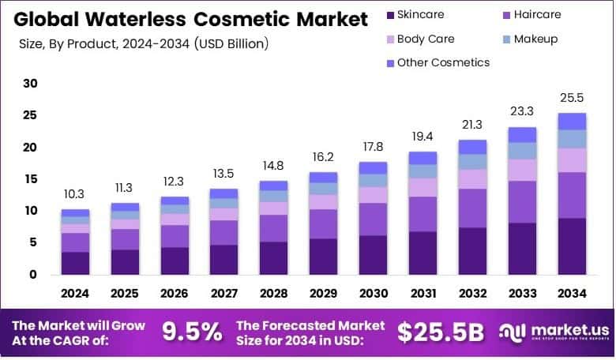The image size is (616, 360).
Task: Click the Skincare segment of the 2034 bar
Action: [572, 246]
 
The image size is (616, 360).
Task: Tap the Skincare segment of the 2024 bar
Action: [76, 263]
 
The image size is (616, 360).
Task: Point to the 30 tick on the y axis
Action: [30, 84]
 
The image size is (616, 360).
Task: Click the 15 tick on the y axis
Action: [30, 179]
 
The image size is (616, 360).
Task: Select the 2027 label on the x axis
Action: [224, 294]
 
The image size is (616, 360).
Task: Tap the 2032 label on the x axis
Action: [472, 294]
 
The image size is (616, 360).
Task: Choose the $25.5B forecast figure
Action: [440, 332]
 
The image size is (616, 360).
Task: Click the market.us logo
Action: [552, 333]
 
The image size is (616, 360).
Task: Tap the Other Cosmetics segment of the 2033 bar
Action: [522, 134]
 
